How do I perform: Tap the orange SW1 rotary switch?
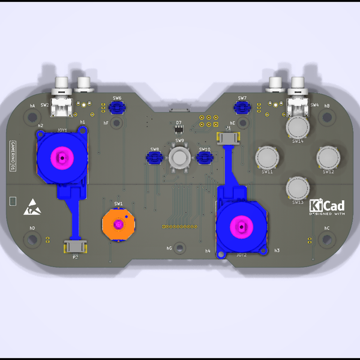pos(118,224)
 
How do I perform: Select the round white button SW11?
pos(267,158)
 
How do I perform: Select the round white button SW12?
pos(328,158)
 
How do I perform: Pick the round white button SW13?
pos(298,187)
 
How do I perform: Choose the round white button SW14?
pos(298,127)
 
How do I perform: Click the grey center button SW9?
pos(179,158)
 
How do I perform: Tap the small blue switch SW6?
pos(117,107)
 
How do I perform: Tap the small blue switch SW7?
pos(242,107)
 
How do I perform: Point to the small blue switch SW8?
pos(155,158)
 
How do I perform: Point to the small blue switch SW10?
pos(205,158)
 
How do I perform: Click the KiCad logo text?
pos(327,206)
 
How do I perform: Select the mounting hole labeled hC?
pos(327,240)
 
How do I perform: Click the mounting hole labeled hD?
pos(32,240)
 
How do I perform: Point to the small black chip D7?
pos(178,129)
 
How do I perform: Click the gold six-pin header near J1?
pos(206,121)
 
